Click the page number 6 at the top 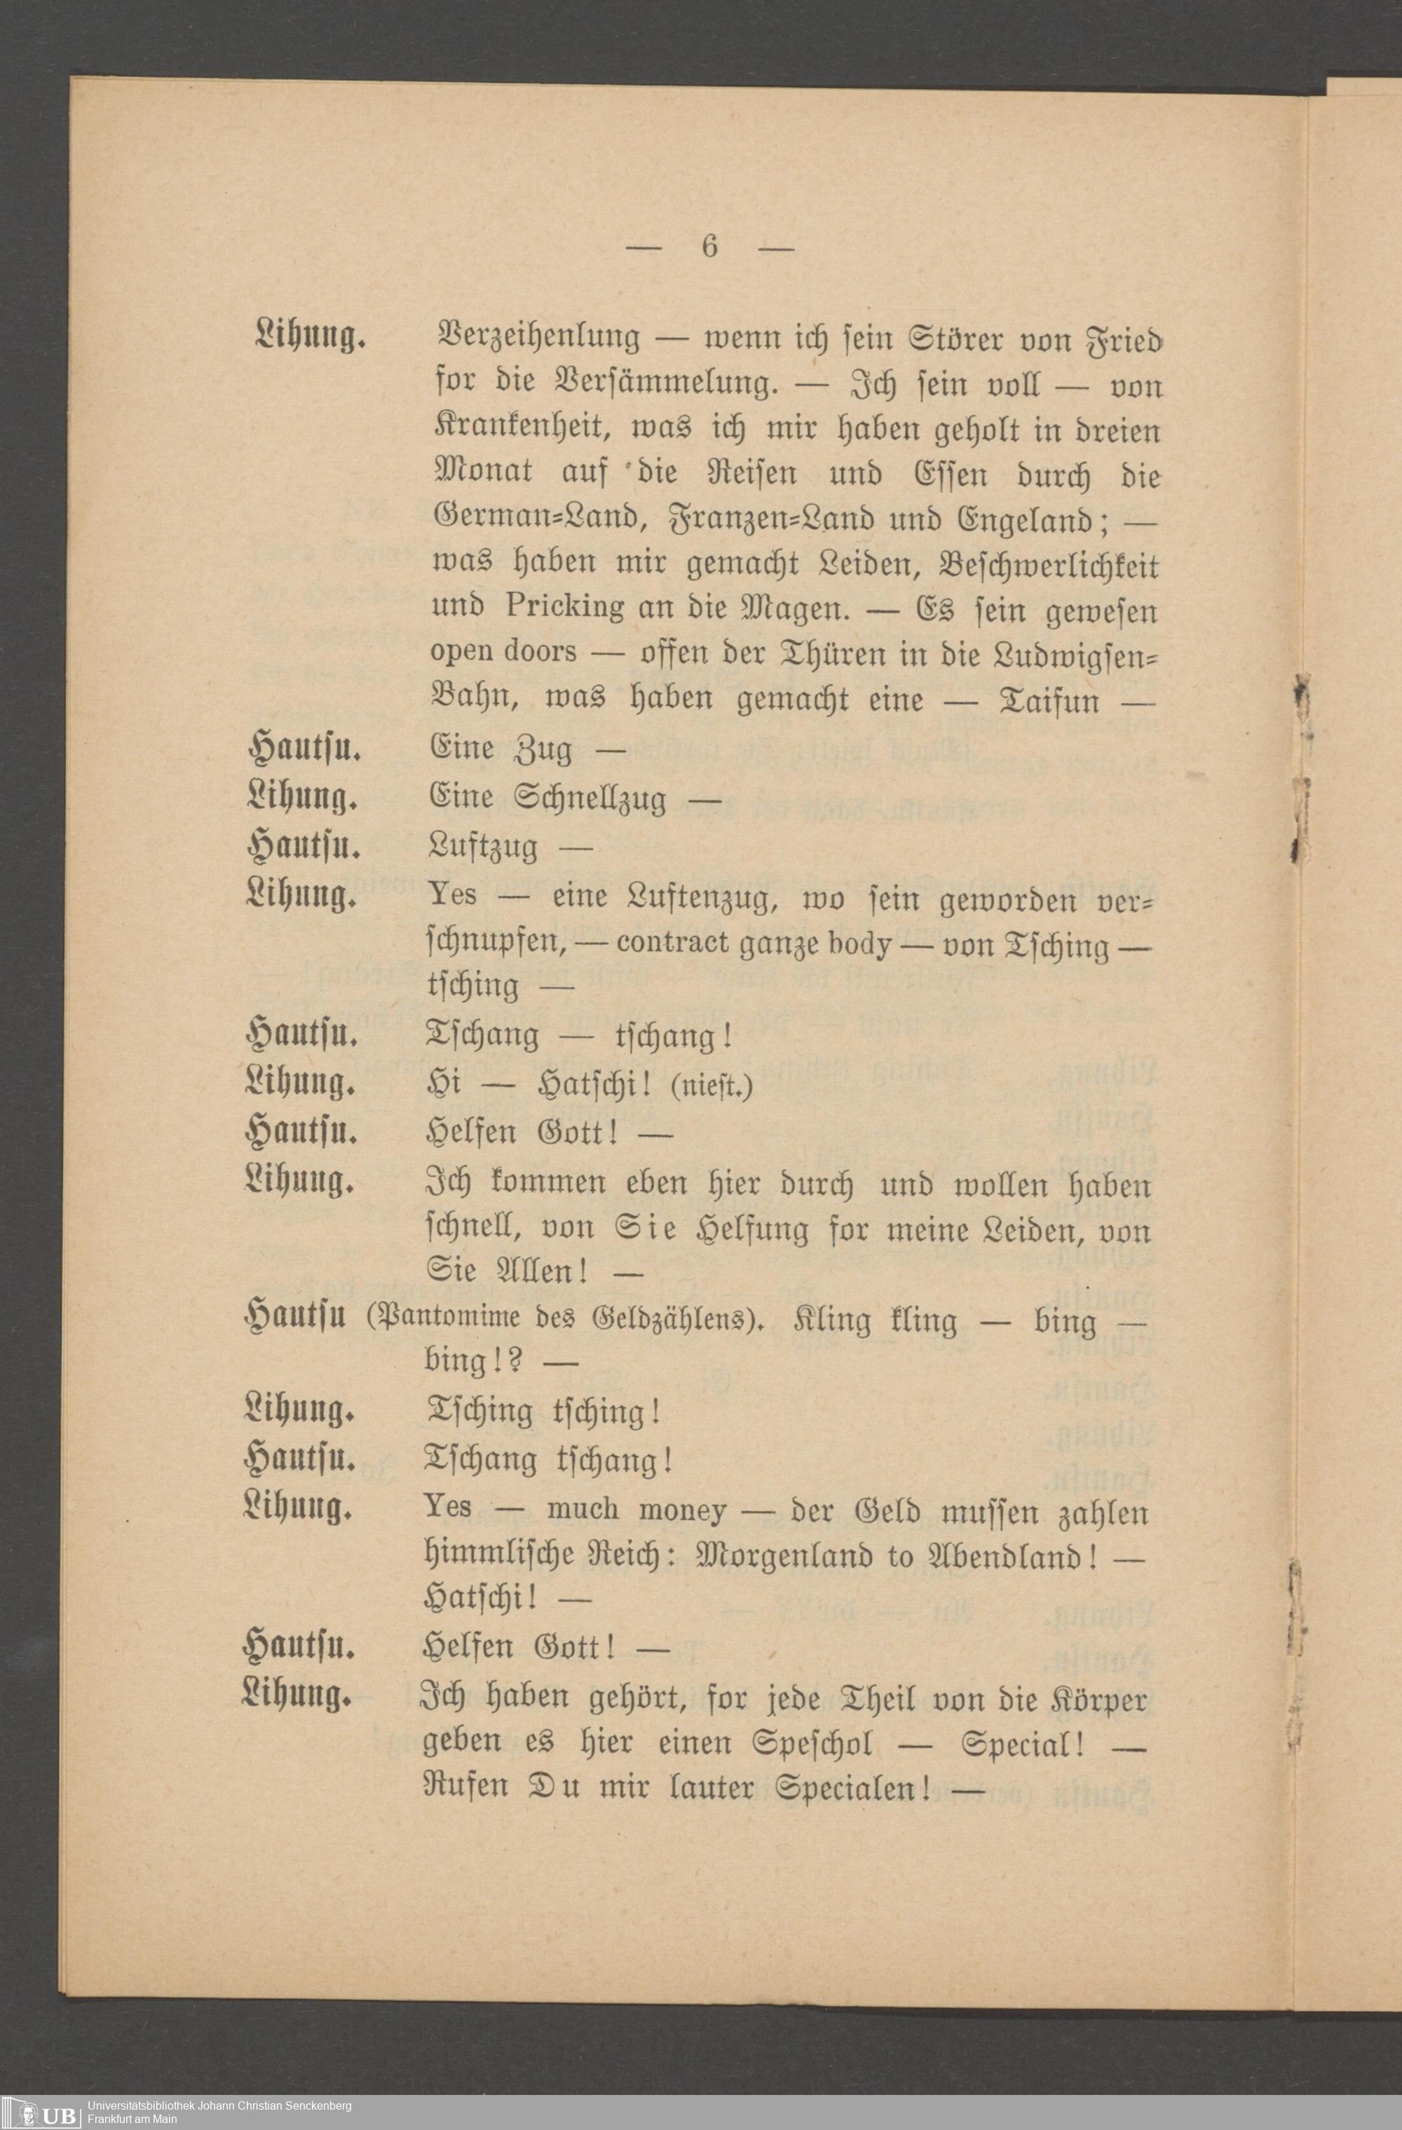(x=709, y=246)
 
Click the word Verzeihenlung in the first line (x=536, y=339)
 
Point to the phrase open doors (x=503, y=653)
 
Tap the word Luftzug (x=482, y=846)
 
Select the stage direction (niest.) (x=711, y=1087)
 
